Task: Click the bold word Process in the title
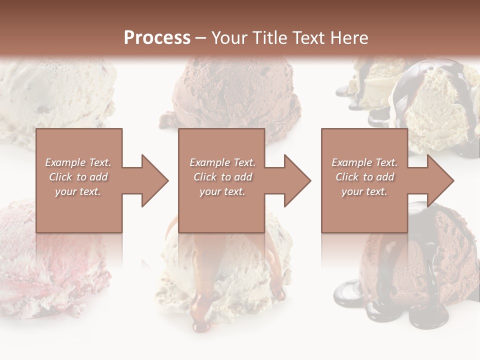click(x=157, y=38)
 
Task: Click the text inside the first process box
click(x=78, y=177)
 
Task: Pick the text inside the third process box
click(x=364, y=177)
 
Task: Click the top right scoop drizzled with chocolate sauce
click(x=435, y=100)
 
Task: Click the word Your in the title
click(x=226, y=38)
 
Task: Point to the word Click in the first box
click(x=61, y=177)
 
